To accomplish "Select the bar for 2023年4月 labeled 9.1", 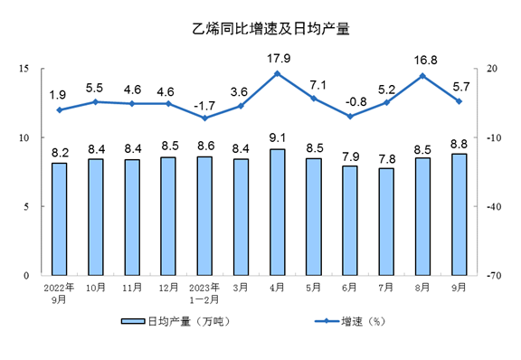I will [x=277, y=212].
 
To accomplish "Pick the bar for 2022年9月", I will [x=59, y=218].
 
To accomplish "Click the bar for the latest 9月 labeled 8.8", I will [x=459, y=214].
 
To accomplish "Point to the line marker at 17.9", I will [x=277, y=73].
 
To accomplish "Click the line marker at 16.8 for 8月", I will [x=422, y=75].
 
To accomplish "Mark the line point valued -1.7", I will [x=204, y=118].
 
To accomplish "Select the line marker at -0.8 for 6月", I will [x=350, y=116].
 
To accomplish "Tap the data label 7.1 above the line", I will [x=314, y=84].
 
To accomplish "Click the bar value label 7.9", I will [x=350, y=155].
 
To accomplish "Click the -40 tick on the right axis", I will [x=495, y=206].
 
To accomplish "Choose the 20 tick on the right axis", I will [x=493, y=69].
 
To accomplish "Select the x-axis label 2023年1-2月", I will [x=204, y=292].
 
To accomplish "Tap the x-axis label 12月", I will [x=167, y=287].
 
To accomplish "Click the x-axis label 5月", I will [x=313, y=287].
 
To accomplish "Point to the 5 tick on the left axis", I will [x=26, y=206].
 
